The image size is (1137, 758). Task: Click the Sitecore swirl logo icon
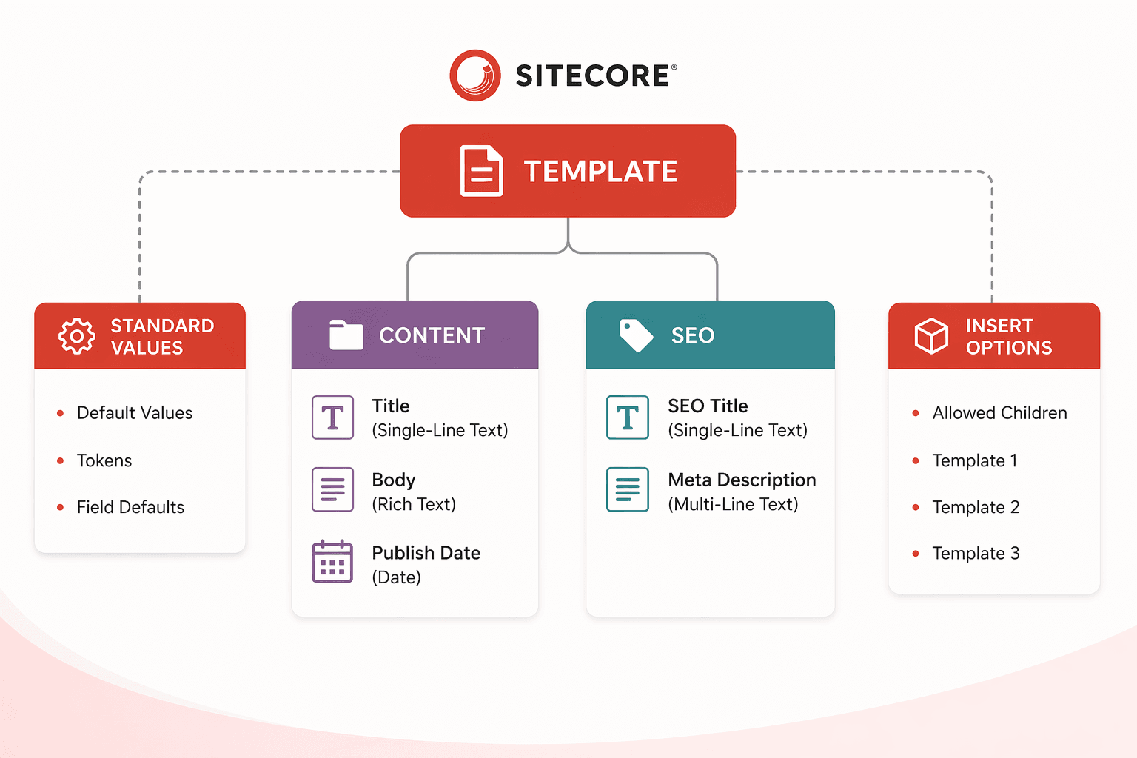(x=475, y=76)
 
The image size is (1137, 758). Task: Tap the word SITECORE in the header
(x=593, y=76)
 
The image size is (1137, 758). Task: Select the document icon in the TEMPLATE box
(x=481, y=171)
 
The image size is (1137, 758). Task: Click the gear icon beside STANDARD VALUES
(x=77, y=336)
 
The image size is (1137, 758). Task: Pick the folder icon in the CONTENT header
(x=346, y=335)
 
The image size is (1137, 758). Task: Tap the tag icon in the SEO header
(x=636, y=335)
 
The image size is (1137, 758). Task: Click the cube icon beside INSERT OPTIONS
(x=931, y=336)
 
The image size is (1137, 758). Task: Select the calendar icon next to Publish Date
(x=332, y=562)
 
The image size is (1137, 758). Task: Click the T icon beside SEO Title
(x=628, y=417)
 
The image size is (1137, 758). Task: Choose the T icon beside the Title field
(x=332, y=417)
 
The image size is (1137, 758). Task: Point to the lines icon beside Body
(x=332, y=489)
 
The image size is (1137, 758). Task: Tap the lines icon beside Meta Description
(x=628, y=489)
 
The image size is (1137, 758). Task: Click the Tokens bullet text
(x=104, y=460)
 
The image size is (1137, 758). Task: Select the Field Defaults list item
(x=130, y=507)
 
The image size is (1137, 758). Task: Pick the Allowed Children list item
(x=999, y=413)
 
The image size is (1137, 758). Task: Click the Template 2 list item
(x=976, y=507)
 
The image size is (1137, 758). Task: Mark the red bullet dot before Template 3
(x=916, y=554)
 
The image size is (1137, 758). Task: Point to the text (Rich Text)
(x=414, y=504)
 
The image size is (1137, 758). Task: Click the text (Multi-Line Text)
(x=733, y=504)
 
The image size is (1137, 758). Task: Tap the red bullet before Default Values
(x=61, y=413)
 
